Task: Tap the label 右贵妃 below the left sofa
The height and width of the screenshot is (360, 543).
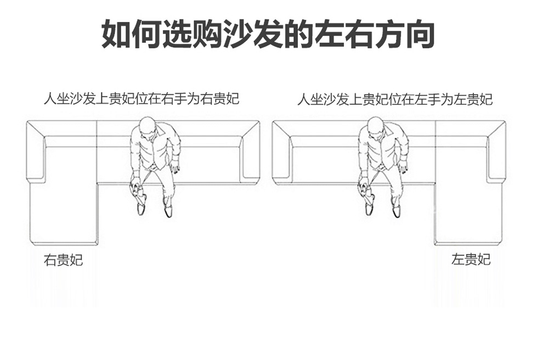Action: pos(63,260)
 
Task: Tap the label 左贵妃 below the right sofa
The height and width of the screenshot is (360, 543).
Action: pos(471,259)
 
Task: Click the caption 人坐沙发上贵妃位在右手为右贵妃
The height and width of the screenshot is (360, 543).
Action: pos(142,99)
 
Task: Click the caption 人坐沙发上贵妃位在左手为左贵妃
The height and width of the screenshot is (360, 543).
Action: pos(395,99)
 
